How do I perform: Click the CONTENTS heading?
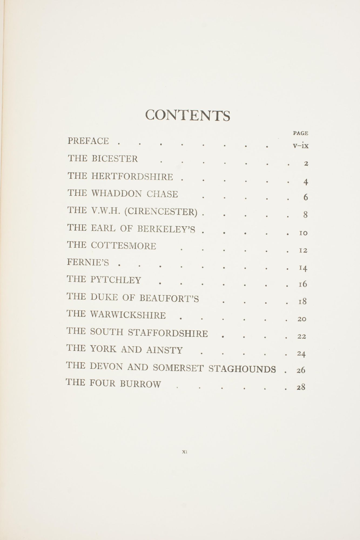click(188, 115)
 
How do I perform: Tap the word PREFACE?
click(88, 141)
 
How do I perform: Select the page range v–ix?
click(301, 146)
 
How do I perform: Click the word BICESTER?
click(115, 158)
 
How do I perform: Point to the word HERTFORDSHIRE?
click(132, 177)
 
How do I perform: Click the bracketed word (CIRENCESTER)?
click(161, 211)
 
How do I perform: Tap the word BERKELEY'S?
click(166, 229)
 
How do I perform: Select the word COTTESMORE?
click(123, 246)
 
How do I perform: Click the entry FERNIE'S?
click(88, 262)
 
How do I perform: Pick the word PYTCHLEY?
click(116, 280)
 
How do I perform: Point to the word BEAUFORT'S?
click(169, 298)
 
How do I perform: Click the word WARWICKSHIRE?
click(128, 315)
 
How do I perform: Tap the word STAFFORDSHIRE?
click(168, 333)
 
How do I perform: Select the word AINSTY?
click(164, 350)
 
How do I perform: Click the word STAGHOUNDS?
click(242, 368)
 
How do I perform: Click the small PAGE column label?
click(300, 133)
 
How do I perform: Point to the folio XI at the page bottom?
click(185, 451)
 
